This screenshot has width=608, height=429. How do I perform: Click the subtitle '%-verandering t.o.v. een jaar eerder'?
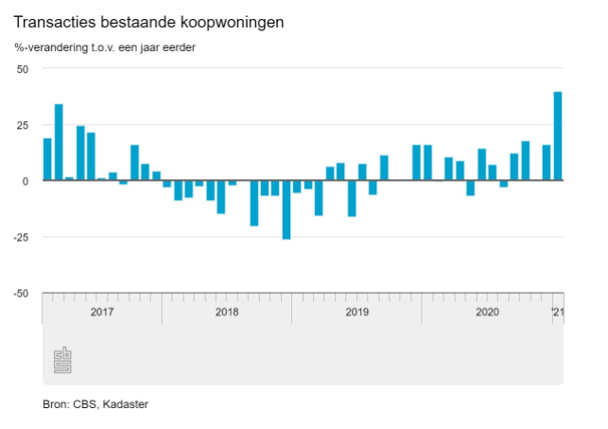pyautogui.click(x=104, y=47)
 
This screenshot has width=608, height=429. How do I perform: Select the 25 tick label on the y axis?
pyautogui.click(x=23, y=125)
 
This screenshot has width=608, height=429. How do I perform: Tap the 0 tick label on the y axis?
pyautogui.click(x=26, y=181)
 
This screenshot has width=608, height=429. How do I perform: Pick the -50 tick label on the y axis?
pyautogui.click(x=21, y=293)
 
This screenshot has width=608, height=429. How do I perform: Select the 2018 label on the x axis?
pyautogui.click(x=227, y=311)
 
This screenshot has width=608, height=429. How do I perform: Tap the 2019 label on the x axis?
pyautogui.click(x=356, y=311)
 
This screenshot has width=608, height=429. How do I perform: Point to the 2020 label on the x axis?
pyautogui.click(x=487, y=311)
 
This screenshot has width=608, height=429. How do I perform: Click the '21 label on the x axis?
pyautogui.click(x=557, y=311)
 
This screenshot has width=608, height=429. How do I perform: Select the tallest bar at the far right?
pyautogui.click(x=558, y=135)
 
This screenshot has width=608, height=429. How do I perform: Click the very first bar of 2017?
pyautogui.click(x=47, y=159)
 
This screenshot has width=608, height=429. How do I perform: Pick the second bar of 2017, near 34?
pyautogui.click(x=59, y=142)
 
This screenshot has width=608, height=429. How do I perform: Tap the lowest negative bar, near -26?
pyautogui.click(x=287, y=209)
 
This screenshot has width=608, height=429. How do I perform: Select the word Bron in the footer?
pyautogui.click(x=56, y=404)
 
